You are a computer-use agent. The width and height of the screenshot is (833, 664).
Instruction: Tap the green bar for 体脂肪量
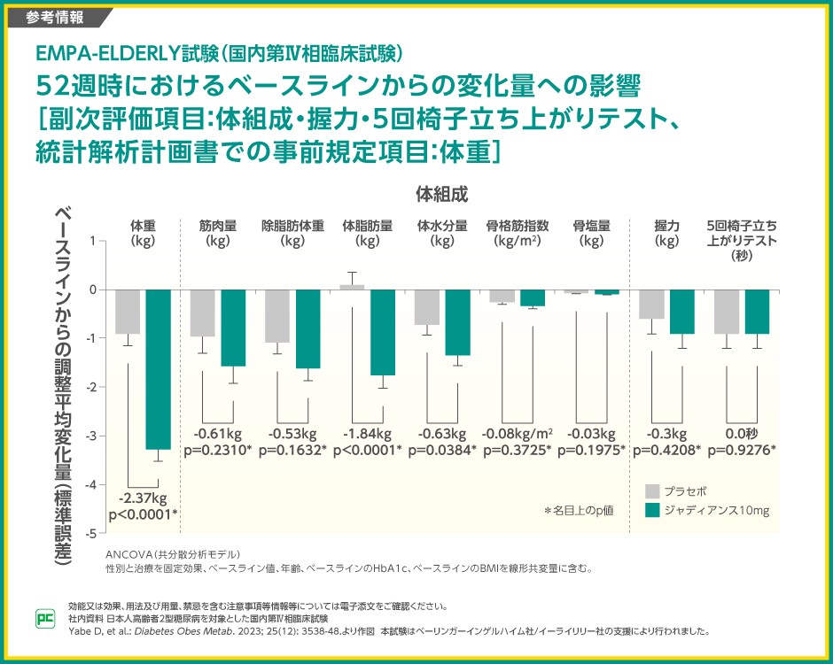coord(383,332)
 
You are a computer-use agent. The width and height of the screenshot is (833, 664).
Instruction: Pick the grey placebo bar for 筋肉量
coord(203,313)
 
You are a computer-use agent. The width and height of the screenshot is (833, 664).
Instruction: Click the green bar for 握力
coord(682,312)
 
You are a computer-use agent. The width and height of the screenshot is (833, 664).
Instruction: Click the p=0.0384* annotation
coord(442,450)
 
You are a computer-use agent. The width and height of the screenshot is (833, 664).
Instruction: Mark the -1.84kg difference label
coord(367,434)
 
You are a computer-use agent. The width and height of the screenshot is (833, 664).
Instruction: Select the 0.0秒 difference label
coord(742,434)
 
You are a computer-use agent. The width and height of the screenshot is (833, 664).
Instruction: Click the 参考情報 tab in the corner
coord(55,16)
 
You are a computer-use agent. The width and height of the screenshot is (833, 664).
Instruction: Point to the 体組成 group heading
coord(441,193)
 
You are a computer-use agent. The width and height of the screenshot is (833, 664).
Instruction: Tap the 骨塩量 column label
coord(592,233)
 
